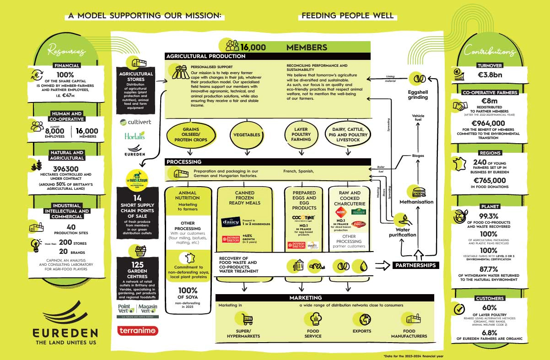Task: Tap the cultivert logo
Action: pos(136,122)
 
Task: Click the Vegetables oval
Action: pos(247,135)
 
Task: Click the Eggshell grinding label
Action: pos(417,94)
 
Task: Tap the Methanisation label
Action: pos(417,202)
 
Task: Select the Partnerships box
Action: pos(416,265)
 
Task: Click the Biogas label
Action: pos(417,156)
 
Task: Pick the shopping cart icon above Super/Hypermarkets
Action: pos(248,319)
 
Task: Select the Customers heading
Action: pos(490,298)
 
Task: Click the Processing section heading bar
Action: pos(268,162)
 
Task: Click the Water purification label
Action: pos(403,231)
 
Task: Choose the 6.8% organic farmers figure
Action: pos(490,332)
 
